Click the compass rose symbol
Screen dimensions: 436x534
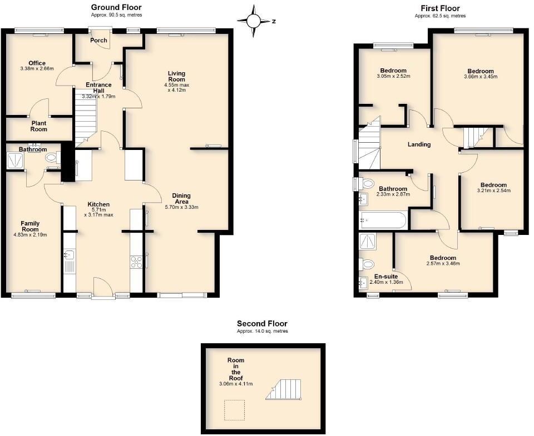point(254,21)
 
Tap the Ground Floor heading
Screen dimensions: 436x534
point(116,7)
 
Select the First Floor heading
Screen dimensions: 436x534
point(440,8)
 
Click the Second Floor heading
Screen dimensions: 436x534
point(262,323)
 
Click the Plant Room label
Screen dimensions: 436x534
point(39,126)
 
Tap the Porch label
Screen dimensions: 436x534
point(99,40)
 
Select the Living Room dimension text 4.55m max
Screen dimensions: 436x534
point(177,85)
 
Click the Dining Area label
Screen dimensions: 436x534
point(182,198)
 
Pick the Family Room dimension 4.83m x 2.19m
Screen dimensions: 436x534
point(30,235)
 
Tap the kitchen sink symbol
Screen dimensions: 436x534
point(69,255)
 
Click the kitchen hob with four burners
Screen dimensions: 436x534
point(136,262)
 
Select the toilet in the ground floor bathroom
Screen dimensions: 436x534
point(52,158)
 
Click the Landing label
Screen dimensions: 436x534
point(419,144)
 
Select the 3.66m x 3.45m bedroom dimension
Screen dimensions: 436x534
point(481,77)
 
